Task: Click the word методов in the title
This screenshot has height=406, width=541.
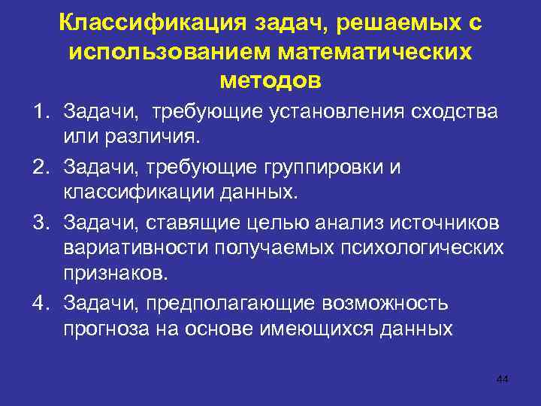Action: [270, 78]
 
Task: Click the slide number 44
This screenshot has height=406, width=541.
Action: [503, 379]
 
